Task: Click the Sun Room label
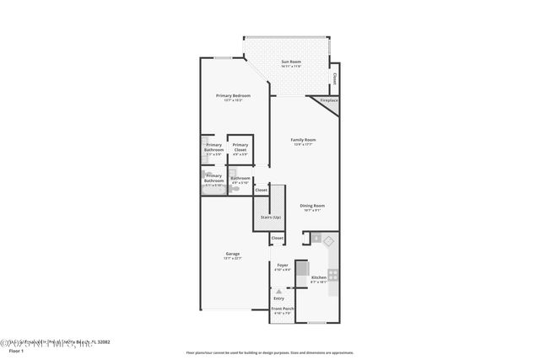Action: pos(290,62)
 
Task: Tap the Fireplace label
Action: pos(328,100)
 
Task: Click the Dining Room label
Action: pos(312,206)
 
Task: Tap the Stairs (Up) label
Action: pos(270,218)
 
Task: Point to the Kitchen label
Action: pos(318,277)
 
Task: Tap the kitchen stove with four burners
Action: pos(332,274)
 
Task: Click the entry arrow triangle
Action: pos(279,291)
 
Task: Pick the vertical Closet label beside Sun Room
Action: pos(334,78)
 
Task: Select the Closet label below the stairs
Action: pos(278,239)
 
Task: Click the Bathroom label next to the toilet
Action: pos(240,179)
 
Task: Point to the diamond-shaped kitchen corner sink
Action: pos(329,240)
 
